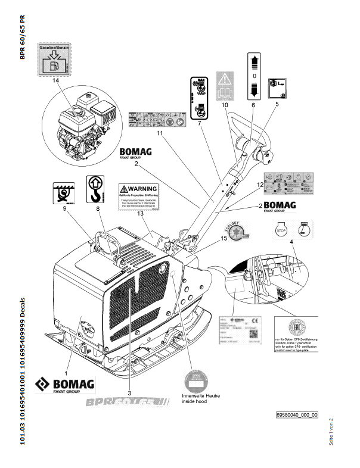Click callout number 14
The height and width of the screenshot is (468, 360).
point(55,80)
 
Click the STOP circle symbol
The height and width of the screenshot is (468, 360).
point(281,229)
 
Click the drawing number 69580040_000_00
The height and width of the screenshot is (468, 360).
point(297,415)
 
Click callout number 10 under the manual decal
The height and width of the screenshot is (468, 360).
point(225,105)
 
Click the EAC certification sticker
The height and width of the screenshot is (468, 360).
point(291,327)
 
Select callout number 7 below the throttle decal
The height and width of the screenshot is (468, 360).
point(199,123)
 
